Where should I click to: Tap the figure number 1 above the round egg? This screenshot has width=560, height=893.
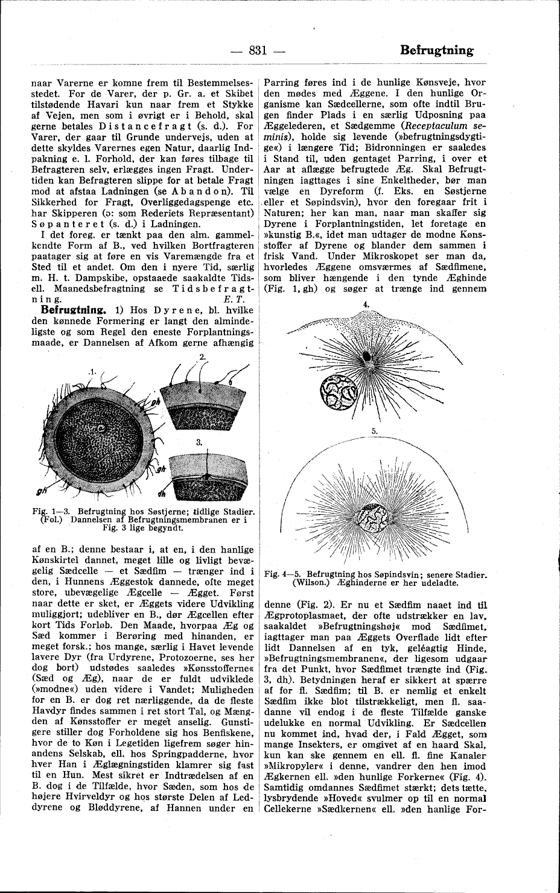coord(93,370)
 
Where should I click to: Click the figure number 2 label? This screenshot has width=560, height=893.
coord(202,357)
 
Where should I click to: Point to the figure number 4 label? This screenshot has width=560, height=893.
coord(366,305)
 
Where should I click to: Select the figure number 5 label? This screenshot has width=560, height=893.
coord(374,431)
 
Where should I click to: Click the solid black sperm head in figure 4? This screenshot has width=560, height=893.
coord(366,357)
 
